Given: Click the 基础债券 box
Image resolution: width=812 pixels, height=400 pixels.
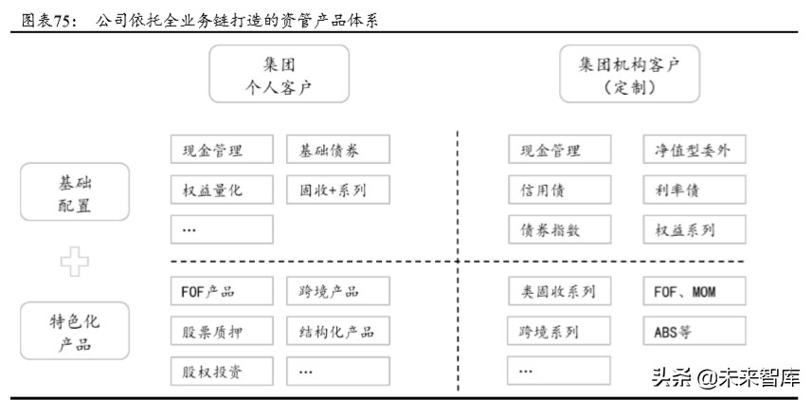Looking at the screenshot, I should point(336,150).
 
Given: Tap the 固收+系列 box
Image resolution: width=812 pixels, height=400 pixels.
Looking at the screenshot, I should point(336,190).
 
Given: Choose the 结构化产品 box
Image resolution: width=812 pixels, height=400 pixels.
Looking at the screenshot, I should point(336,331).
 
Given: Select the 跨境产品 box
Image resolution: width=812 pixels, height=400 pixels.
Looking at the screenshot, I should point(336,291).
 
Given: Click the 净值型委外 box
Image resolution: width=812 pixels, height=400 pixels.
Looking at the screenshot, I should point(694,150).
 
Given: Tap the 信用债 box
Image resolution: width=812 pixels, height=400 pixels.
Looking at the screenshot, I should point(558,190).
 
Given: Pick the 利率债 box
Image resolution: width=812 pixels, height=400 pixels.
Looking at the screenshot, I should point(694,190).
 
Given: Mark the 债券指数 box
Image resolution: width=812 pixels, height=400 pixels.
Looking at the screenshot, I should point(558,229).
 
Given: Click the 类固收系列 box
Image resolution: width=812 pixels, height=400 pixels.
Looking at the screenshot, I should point(558,291).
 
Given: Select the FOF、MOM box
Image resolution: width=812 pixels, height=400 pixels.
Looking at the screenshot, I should point(694,291).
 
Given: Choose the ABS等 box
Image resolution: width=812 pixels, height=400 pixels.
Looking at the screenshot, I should point(694,331).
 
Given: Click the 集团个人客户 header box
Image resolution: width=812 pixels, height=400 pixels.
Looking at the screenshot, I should point(279,74).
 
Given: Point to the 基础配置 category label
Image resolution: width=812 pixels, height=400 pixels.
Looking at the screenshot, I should point(75,192).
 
